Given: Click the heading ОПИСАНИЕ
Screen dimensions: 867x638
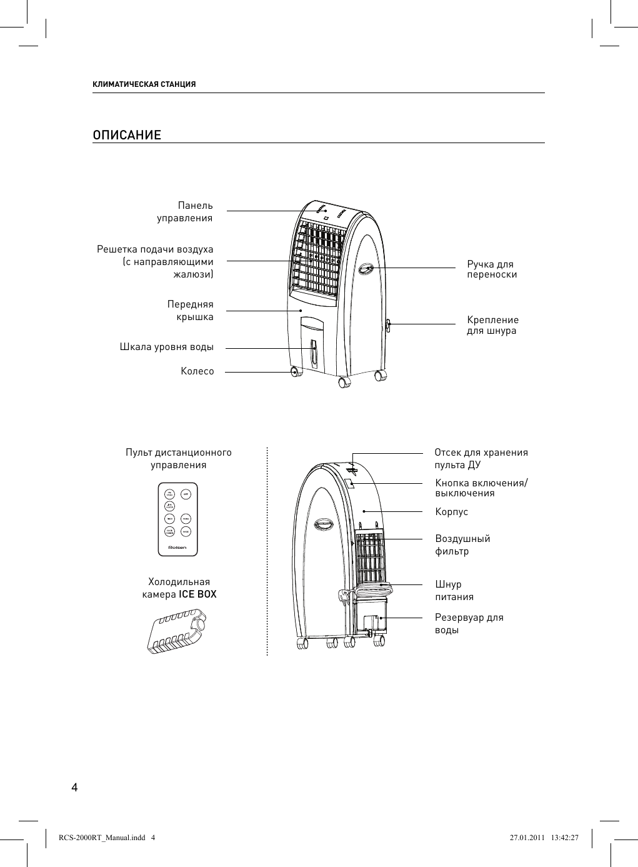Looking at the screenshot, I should (x=127, y=136).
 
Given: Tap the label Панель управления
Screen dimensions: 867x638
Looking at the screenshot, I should (x=185, y=211).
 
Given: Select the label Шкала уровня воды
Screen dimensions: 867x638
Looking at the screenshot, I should (x=166, y=346).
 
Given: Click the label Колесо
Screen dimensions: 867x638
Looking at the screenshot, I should (x=197, y=371).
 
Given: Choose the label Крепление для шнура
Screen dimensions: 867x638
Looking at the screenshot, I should (x=492, y=325).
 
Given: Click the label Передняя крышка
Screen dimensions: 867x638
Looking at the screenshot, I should (x=190, y=310).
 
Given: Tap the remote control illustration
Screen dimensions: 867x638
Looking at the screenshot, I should (x=178, y=519).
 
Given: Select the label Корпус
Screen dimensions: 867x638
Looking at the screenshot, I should (x=451, y=512).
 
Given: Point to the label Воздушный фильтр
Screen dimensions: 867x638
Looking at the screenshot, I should (x=462, y=544).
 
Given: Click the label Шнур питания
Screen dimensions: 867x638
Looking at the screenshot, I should (x=454, y=590).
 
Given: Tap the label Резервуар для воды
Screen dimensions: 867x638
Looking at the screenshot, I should (x=469, y=623).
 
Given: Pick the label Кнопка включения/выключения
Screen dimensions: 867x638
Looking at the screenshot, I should (x=481, y=488).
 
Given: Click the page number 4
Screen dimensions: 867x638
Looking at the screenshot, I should (x=74, y=787).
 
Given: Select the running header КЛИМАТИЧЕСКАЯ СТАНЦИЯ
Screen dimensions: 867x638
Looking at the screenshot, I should (x=144, y=84).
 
